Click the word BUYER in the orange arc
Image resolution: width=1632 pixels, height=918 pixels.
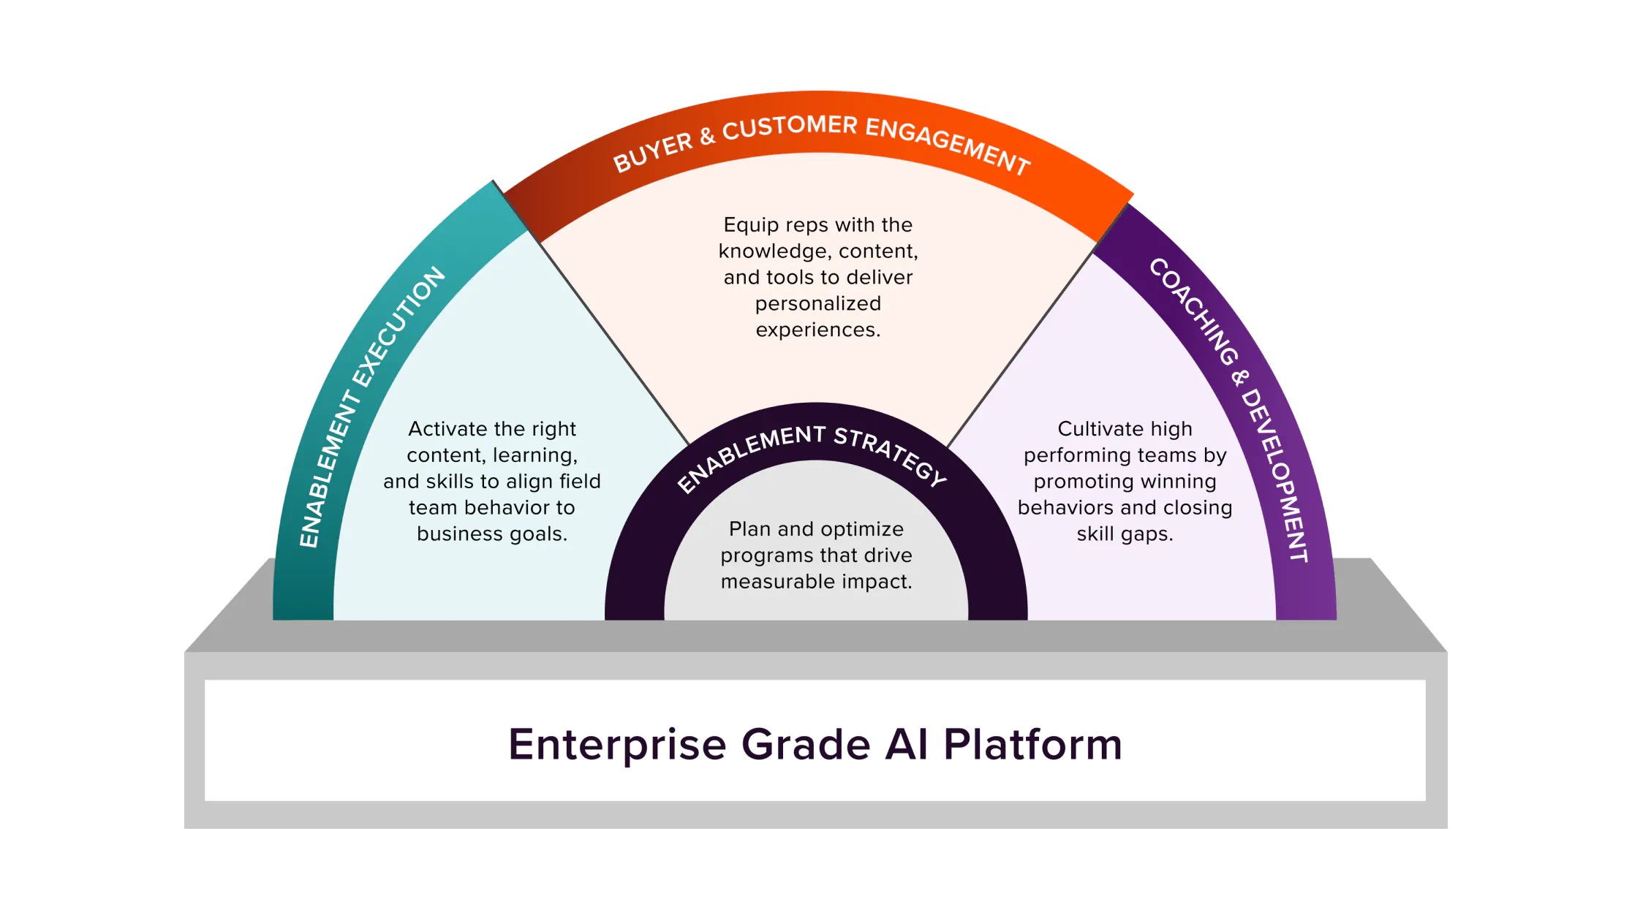[x=653, y=152]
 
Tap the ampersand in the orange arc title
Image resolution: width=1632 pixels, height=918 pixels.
[x=706, y=137]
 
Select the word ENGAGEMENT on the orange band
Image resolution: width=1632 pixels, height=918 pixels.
[x=948, y=145]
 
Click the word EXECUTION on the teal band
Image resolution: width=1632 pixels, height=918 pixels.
[x=399, y=326]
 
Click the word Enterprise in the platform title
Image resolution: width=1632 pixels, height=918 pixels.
[x=617, y=745]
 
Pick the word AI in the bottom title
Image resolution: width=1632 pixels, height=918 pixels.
[x=906, y=745]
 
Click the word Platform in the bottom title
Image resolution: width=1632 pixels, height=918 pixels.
[x=1032, y=745]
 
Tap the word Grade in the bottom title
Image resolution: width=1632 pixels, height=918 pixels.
[x=806, y=745]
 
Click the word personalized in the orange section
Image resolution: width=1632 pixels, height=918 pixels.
[x=817, y=303]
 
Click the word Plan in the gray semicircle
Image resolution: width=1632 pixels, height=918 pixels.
[x=749, y=529]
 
